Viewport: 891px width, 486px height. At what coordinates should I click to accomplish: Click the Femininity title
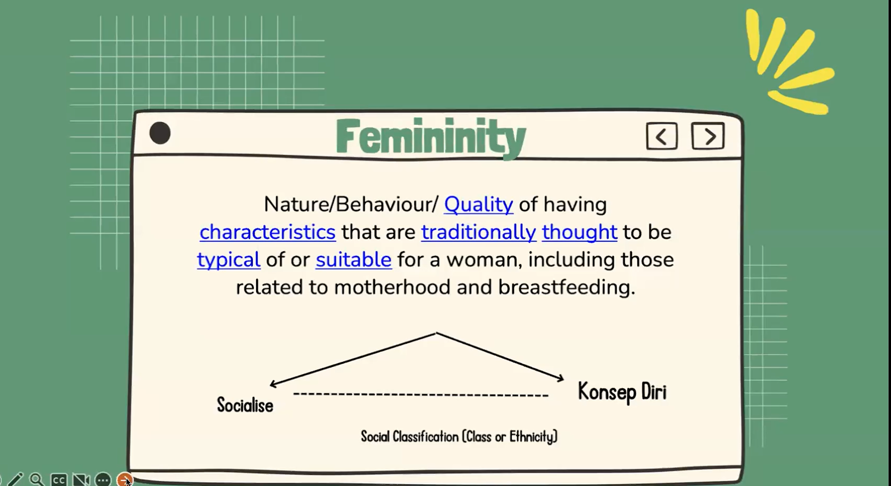tap(431, 137)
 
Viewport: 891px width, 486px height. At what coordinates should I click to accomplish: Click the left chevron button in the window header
tap(662, 136)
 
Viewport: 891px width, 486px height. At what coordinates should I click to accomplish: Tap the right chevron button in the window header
tap(708, 136)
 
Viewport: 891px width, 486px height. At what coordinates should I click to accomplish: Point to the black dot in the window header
tap(160, 133)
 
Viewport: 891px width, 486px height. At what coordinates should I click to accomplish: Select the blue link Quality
tap(478, 205)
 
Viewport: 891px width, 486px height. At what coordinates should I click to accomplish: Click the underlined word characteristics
tap(267, 232)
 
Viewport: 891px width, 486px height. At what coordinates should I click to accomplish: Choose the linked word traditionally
tap(478, 232)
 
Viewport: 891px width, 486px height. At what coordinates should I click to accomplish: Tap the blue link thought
tap(580, 232)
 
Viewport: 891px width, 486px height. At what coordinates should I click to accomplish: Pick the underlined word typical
tap(229, 260)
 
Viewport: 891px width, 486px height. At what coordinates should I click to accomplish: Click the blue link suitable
tap(354, 260)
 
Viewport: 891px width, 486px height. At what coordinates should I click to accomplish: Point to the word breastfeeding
tap(567, 287)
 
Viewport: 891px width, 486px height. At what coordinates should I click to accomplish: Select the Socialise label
tap(245, 405)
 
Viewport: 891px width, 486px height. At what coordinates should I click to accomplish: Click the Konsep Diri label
tap(622, 392)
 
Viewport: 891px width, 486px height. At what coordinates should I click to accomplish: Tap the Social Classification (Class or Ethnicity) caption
tap(459, 437)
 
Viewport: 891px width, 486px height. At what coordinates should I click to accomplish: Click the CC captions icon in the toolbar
tap(58, 480)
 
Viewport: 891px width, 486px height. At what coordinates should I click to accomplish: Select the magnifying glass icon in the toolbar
tap(37, 480)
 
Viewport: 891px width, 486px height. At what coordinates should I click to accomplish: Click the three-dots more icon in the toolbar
tap(103, 480)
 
